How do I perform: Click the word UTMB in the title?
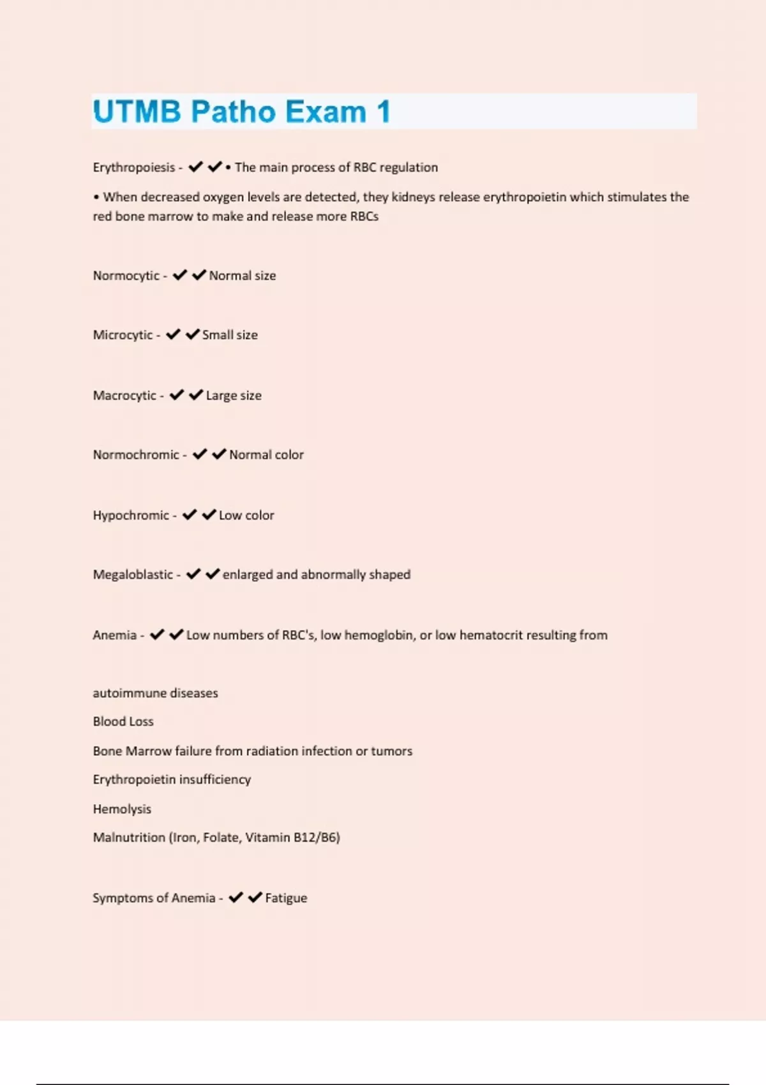click(137, 112)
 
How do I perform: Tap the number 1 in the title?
click(383, 112)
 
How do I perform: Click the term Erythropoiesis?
click(133, 167)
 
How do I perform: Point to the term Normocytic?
click(126, 276)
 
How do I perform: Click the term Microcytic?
click(123, 335)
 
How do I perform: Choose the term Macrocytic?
click(124, 396)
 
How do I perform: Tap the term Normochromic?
click(136, 455)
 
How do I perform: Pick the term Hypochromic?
click(131, 515)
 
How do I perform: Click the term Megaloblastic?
click(133, 574)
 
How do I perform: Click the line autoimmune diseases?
click(155, 693)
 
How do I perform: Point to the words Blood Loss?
click(123, 722)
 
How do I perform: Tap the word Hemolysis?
click(122, 809)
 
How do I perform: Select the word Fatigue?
click(286, 898)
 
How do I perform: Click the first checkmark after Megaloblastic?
click(193, 574)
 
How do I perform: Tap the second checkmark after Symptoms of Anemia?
click(255, 897)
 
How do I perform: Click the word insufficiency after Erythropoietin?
click(215, 780)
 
